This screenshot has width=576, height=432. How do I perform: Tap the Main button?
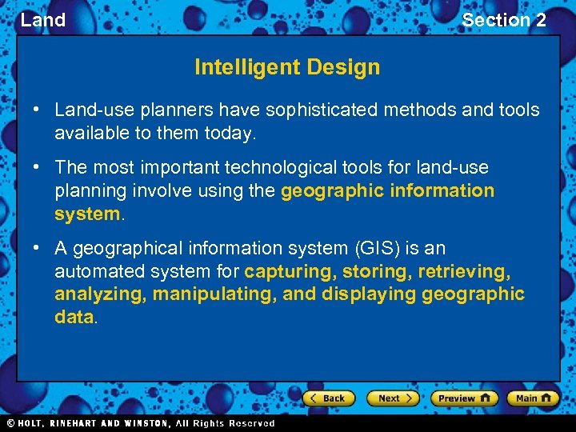(x=532, y=398)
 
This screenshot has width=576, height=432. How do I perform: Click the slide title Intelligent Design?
(x=287, y=67)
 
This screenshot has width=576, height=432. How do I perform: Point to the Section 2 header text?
(x=503, y=20)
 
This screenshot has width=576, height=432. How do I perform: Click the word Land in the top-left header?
(x=43, y=20)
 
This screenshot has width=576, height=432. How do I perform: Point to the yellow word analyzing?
(x=100, y=294)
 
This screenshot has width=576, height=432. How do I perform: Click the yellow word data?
(x=74, y=316)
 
